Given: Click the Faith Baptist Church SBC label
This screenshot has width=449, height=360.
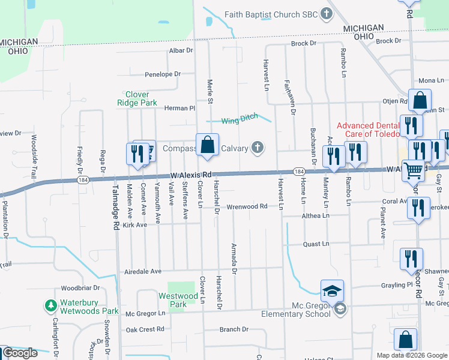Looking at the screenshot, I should pyautogui.click(x=271, y=14).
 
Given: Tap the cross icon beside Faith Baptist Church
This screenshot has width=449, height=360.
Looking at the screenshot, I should pyautogui.click(x=327, y=13).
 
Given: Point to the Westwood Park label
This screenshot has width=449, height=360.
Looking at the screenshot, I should pyautogui.click(x=178, y=300).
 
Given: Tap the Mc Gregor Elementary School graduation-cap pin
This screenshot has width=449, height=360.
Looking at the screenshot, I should pyautogui.click(x=332, y=292).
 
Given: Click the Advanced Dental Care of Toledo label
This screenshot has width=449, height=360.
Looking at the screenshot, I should pyautogui.click(x=368, y=130).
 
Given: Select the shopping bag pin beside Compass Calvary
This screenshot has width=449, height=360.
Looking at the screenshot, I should pyautogui.click(x=207, y=145).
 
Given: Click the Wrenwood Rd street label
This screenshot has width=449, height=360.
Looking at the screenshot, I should pyautogui.click(x=247, y=206).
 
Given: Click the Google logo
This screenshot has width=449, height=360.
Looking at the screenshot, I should pyautogui.click(x=20, y=353).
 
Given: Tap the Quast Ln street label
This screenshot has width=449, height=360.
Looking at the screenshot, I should pyautogui.click(x=316, y=244).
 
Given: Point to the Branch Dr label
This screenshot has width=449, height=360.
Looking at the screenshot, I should pyautogui.click(x=234, y=329).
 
